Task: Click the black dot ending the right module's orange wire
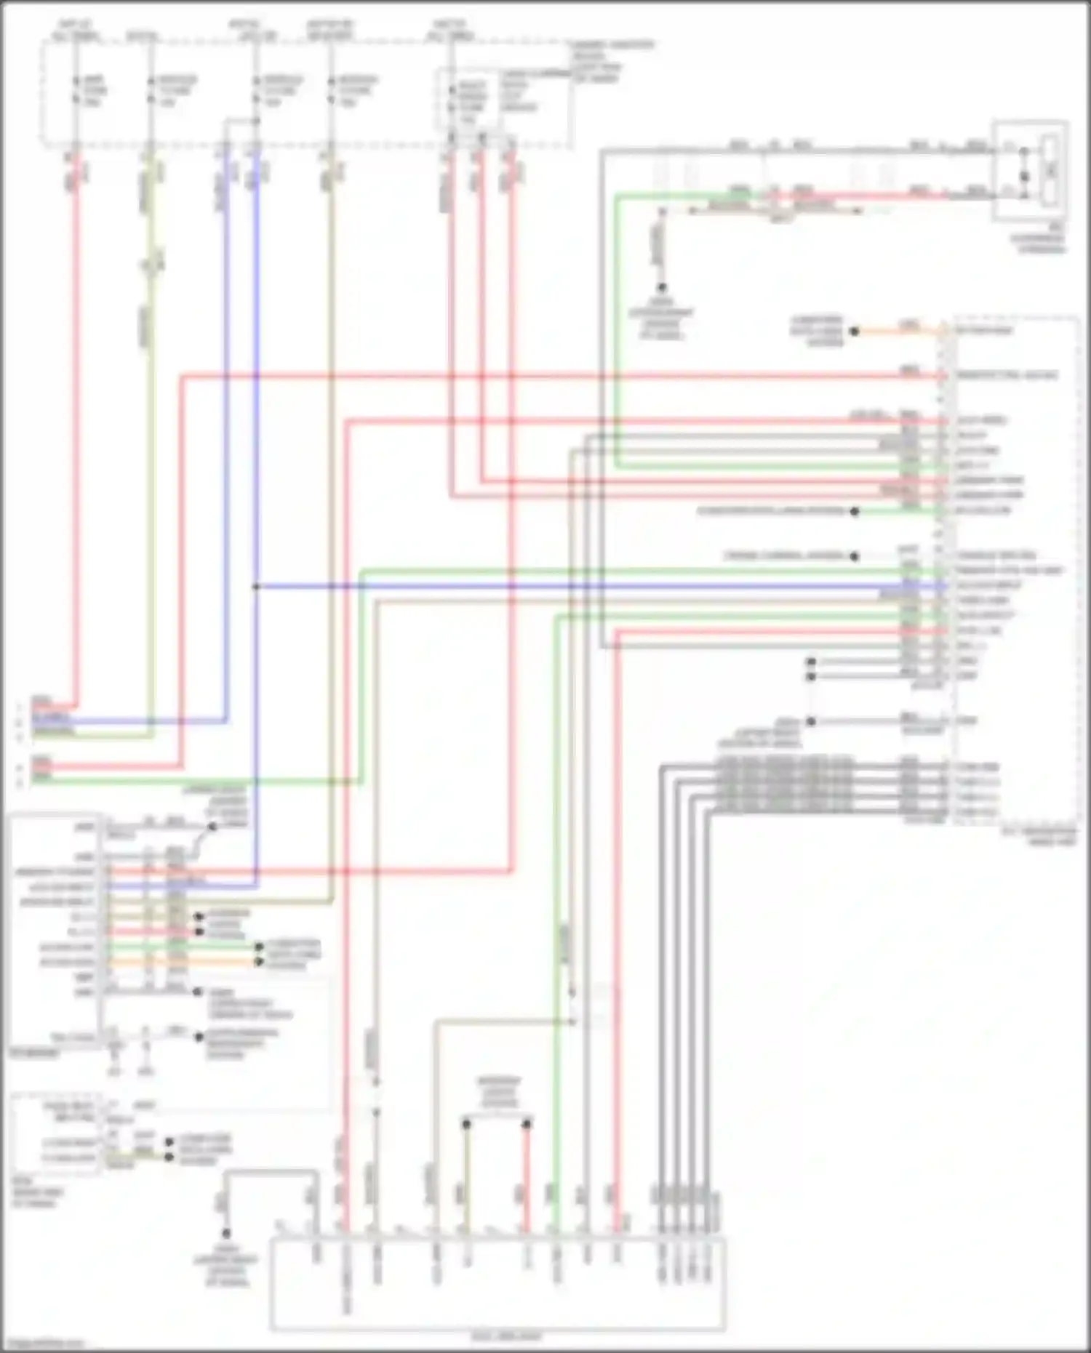pos(855,332)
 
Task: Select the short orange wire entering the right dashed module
pos(902,332)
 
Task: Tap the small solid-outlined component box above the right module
pos(1031,170)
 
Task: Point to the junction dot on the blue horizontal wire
pos(256,586)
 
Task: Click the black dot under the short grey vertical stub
pos(662,288)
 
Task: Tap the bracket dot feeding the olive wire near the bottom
pos(466,1124)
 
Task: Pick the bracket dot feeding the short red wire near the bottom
pos(527,1124)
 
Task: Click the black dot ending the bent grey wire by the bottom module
pos(226,1234)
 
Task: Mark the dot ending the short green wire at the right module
pos(855,512)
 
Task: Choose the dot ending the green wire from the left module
pos(259,947)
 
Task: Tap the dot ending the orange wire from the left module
pos(259,962)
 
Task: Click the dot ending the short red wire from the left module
pos(199,931)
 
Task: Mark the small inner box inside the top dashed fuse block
pos(468,100)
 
